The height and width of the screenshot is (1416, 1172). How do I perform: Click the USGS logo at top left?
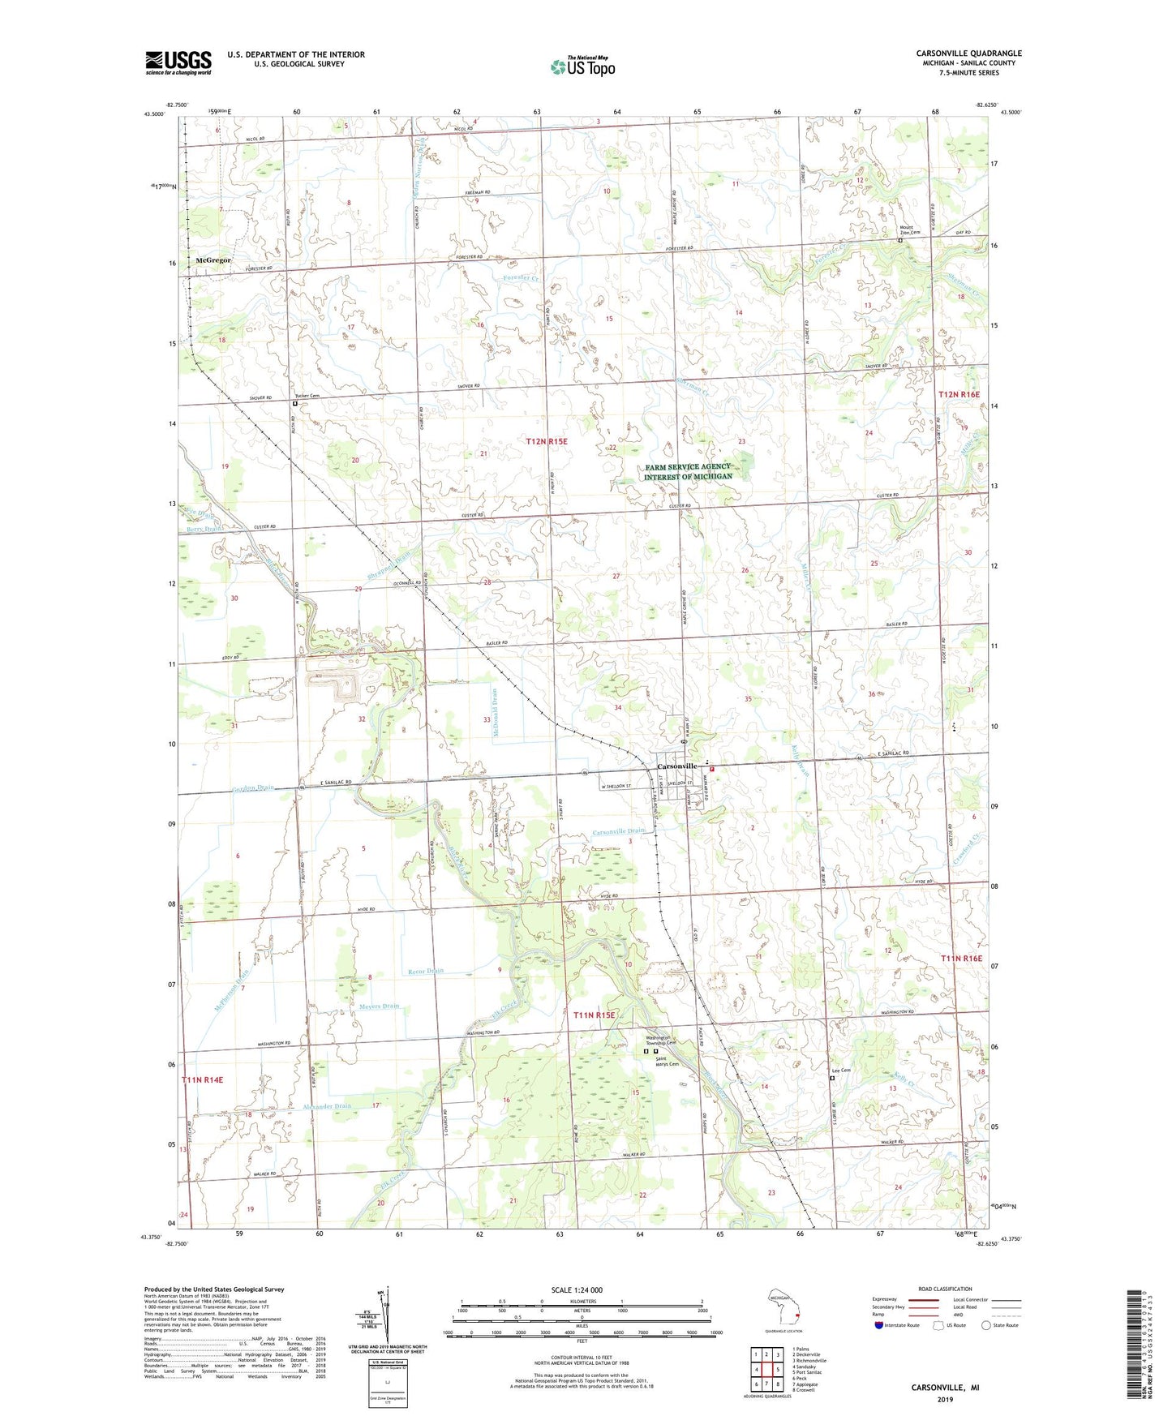[x=178, y=62]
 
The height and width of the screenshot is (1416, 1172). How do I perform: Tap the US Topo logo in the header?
[x=582, y=66]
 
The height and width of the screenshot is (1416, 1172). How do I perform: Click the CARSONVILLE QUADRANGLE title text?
[x=968, y=54]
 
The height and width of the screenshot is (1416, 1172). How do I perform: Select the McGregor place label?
[x=213, y=260]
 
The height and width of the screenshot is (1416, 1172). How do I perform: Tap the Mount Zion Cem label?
[x=909, y=230]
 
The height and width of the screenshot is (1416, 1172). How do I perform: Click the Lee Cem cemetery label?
[x=841, y=1071]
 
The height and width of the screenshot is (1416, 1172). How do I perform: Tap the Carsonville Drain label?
[x=619, y=832]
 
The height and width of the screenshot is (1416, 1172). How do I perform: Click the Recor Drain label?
[x=425, y=971]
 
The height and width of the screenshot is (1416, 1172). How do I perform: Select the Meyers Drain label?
[x=380, y=1006]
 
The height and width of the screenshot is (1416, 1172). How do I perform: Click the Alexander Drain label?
[x=327, y=1106]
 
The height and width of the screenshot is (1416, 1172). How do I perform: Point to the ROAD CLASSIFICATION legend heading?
[x=946, y=1289]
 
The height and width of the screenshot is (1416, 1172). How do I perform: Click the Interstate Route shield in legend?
[x=878, y=1325]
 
